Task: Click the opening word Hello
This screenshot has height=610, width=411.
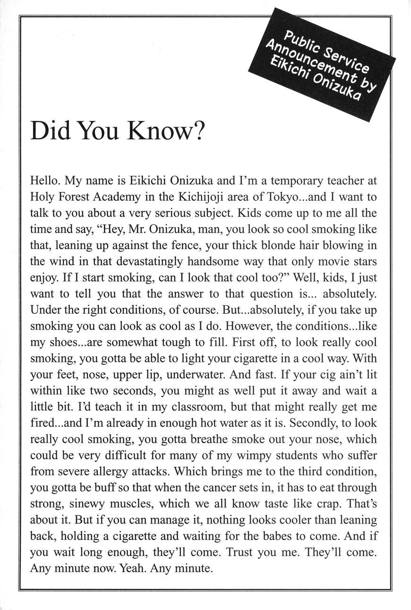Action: (45, 180)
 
